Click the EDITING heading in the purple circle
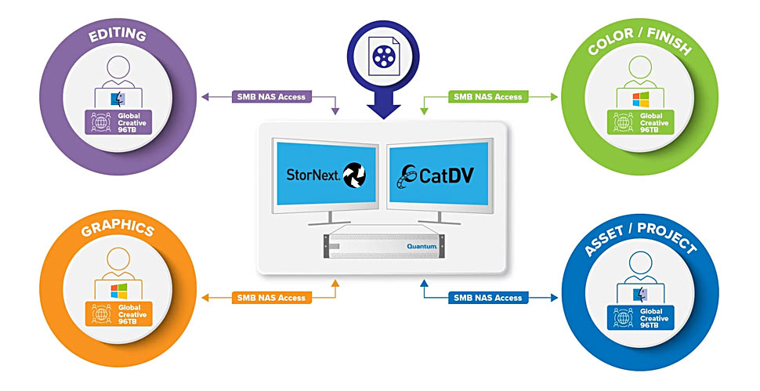coord(118,35)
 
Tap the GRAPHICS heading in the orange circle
coord(118,228)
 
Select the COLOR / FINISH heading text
coord(639,42)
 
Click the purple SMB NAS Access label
coord(271,96)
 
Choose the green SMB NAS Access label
coord(488,96)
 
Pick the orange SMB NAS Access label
coord(271,298)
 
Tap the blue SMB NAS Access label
coord(488,298)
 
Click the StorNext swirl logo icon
coord(354,176)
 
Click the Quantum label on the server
coord(422,246)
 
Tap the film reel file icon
coord(383,56)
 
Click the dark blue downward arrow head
coord(383,111)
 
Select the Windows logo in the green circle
coord(641,100)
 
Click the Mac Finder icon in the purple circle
coord(118,99)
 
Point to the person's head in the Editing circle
coord(118,67)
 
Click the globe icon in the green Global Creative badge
coord(623,122)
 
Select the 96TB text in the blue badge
coord(649,325)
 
